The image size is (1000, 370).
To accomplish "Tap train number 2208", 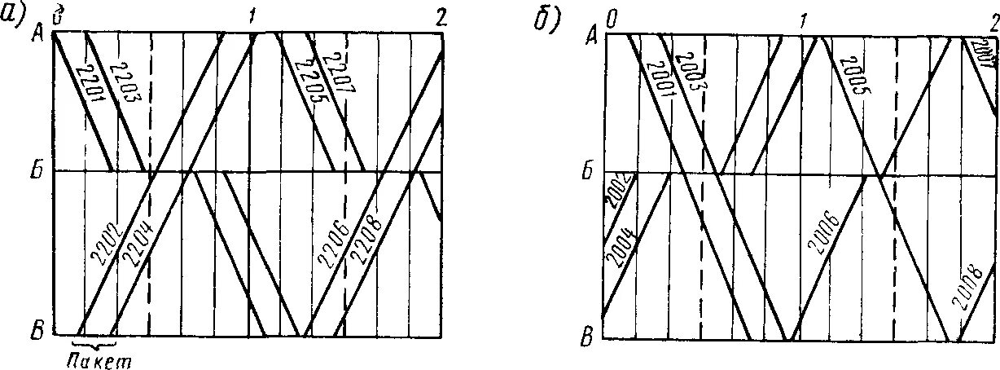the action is click(x=365, y=241).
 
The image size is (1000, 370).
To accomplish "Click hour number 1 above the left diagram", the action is click(x=253, y=16).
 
